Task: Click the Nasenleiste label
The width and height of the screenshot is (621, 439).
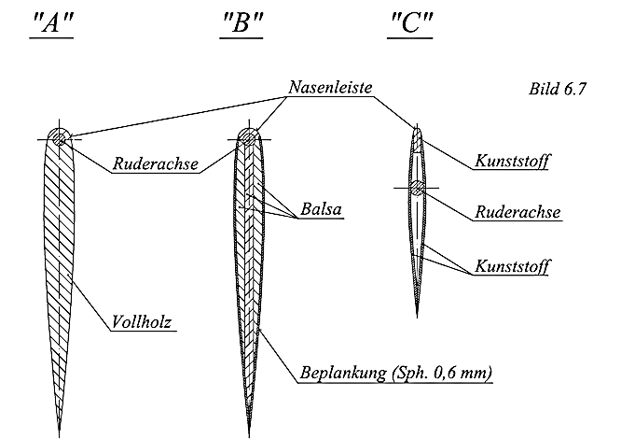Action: [330, 88]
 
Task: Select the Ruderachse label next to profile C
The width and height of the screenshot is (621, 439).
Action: [517, 212]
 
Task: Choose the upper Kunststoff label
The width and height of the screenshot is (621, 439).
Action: [510, 162]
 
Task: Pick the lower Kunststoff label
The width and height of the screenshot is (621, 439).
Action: [511, 266]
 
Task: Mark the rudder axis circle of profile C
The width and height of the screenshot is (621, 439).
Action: [418, 188]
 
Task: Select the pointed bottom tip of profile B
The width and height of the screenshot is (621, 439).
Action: [249, 433]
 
